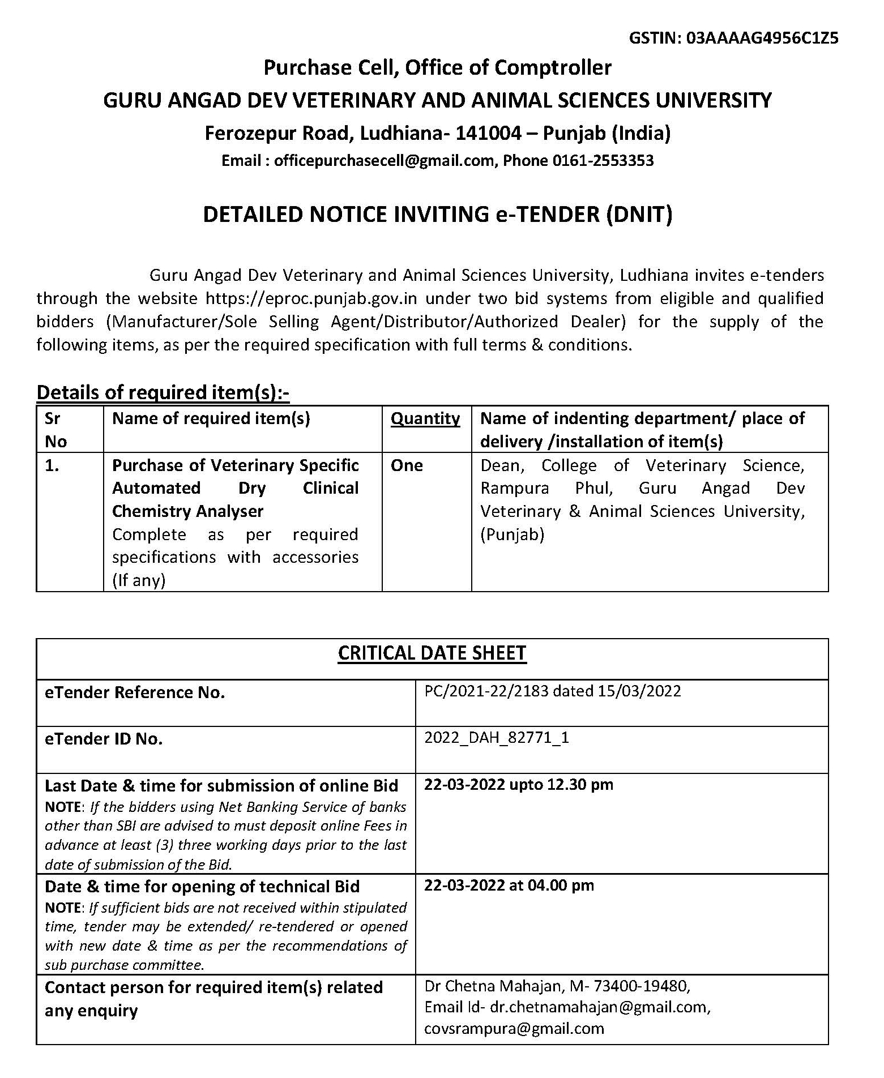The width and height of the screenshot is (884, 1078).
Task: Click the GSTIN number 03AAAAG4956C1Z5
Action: coord(762,38)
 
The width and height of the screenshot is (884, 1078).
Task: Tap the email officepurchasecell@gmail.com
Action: coord(383,161)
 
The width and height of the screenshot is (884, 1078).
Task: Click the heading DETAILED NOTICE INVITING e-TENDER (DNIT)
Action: coord(437,215)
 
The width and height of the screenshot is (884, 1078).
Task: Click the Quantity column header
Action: coord(425,418)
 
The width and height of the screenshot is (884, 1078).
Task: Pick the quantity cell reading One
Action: coord(407,465)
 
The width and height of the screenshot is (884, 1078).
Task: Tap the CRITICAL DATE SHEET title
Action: coord(432,653)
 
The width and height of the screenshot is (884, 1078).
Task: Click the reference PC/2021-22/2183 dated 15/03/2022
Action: coord(552,691)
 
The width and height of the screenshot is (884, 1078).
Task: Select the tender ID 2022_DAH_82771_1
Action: coord(497,738)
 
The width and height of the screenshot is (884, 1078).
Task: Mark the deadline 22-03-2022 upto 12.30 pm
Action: coord(518,785)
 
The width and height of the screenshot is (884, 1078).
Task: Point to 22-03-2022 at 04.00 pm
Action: coord(509,885)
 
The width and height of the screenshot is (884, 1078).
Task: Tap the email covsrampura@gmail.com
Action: coord(514,1028)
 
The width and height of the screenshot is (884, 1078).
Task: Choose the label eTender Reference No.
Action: coord(135,692)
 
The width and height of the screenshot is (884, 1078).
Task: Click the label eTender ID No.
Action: coord(104,739)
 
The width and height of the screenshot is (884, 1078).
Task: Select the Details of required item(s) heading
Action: coord(163,392)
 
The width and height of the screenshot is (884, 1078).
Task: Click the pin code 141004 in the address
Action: coord(488,133)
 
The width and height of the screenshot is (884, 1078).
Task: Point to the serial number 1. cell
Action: coord(52,465)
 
